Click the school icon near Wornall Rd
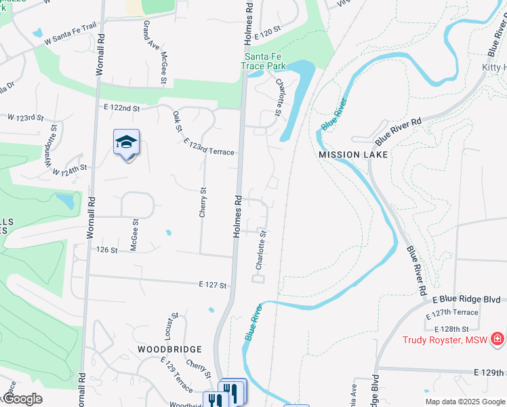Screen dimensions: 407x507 pyautogui.click(x=127, y=142)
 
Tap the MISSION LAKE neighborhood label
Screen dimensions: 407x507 pyautogui.click(x=353, y=155)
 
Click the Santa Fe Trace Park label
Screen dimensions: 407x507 pyautogui.click(x=265, y=61)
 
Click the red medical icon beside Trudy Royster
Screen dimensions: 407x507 pyautogui.click(x=497, y=338)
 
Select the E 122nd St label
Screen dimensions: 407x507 pyautogui.click(x=122, y=108)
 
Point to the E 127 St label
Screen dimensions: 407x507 pyautogui.click(x=211, y=286)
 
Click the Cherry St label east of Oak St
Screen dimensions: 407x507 pyautogui.click(x=203, y=202)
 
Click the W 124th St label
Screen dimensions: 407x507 pyautogui.click(x=70, y=169)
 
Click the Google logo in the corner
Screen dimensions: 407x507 pyautogui.click(x=22, y=399)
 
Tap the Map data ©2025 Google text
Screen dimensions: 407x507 pyautogui.click(x=465, y=402)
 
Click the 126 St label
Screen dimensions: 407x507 pyautogui.click(x=107, y=250)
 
